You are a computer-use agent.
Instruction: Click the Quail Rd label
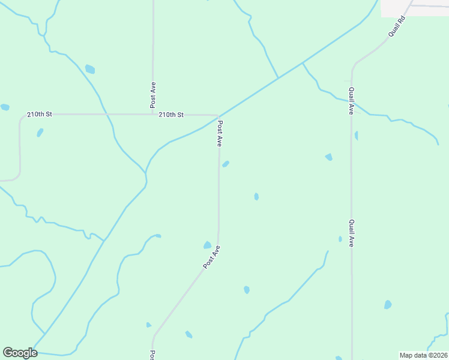click(x=397, y=28)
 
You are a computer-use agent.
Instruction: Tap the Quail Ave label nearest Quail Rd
click(x=351, y=101)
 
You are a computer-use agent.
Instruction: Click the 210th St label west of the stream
click(x=40, y=114)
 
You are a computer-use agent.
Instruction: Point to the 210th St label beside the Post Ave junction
click(x=171, y=114)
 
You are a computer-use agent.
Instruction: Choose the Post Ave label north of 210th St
click(x=154, y=94)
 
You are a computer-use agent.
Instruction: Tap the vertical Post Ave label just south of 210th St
click(x=220, y=134)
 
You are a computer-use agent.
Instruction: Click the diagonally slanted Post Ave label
click(x=212, y=257)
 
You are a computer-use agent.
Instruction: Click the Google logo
click(x=20, y=353)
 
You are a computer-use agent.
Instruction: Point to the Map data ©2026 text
click(x=423, y=355)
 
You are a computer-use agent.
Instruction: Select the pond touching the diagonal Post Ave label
click(x=208, y=245)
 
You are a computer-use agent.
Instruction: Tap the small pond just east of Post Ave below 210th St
click(x=226, y=164)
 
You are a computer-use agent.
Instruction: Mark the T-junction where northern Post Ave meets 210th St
click(x=152, y=113)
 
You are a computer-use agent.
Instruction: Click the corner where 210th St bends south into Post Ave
click(x=217, y=115)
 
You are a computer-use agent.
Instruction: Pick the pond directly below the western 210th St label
click(x=40, y=132)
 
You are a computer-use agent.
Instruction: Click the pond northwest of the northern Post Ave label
click(x=90, y=69)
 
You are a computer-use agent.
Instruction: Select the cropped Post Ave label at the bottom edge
click(x=152, y=355)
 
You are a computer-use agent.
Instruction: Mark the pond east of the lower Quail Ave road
click(x=388, y=305)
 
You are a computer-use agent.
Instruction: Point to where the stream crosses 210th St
click(x=106, y=113)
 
